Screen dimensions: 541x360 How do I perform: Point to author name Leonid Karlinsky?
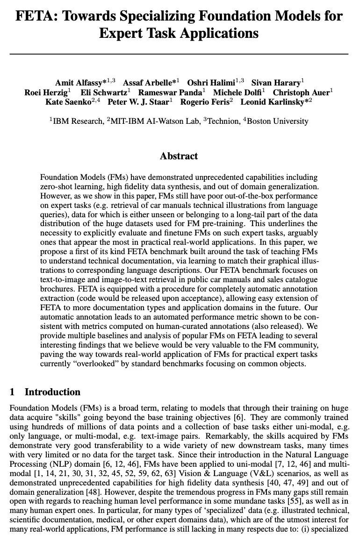(x=274, y=101)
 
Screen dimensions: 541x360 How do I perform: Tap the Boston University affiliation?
(x=278, y=121)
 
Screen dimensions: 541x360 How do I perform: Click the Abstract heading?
(x=179, y=156)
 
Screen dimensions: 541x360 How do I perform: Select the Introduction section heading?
(x=52, y=392)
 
